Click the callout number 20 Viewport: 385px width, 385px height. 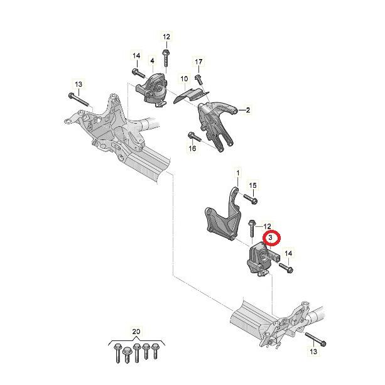[136, 332]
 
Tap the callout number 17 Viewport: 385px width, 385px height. [198, 62]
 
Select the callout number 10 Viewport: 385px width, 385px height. [184, 79]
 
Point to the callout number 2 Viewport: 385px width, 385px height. [247, 110]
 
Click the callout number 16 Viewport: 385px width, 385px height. [192, 148]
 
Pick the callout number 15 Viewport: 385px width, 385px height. [252, 185]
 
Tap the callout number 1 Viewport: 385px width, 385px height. [237, 173]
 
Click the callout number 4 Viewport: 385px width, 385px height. [152, 60]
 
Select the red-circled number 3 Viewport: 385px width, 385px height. [271, 237]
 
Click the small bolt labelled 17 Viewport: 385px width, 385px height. [198, 80]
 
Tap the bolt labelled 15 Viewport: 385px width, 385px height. [251, 199]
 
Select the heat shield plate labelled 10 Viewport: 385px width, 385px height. [191, 95]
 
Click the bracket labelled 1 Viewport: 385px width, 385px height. [223, 216]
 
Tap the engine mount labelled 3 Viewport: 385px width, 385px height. [260, 259]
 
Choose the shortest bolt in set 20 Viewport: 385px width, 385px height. [127, 355]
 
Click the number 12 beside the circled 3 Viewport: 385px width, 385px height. [267, 226]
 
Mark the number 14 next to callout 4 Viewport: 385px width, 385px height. [136, 56]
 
